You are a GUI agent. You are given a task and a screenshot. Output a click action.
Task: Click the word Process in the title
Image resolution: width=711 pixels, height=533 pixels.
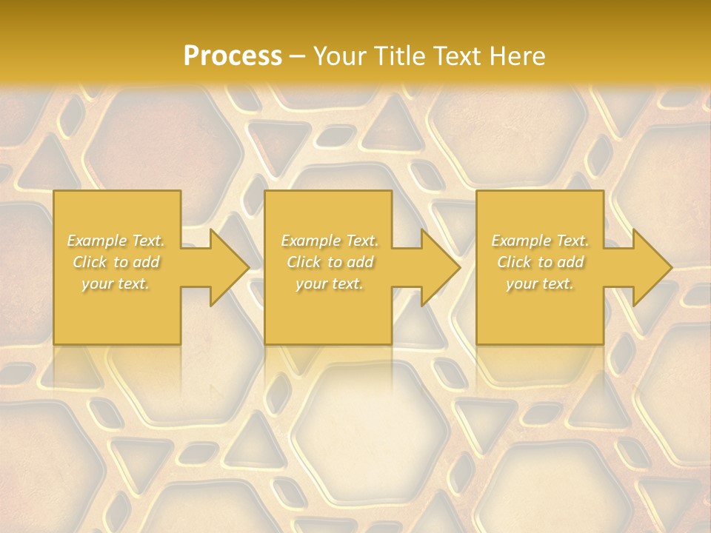[233, 56]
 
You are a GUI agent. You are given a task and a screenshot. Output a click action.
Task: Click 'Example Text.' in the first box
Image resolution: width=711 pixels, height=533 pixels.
[116, 241]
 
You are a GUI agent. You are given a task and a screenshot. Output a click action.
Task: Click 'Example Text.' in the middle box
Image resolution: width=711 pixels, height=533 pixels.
[330, 241]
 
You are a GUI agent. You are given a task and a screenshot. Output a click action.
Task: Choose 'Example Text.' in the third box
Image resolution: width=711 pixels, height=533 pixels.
[540, 241]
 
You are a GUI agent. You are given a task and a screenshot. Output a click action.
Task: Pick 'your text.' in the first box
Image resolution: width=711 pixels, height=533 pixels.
[116, 284]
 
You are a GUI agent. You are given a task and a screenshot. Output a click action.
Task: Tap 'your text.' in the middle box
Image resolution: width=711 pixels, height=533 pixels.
[330, 284]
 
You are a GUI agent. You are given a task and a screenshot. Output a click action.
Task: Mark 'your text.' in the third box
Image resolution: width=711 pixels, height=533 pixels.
[540, 284]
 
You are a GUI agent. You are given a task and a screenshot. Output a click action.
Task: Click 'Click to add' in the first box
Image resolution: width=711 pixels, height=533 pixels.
[116, 262]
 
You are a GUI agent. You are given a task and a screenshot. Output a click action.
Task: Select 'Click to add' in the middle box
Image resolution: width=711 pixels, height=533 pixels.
[330, 262]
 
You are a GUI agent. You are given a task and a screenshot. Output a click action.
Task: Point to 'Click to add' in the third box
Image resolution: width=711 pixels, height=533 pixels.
[540, 262]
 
